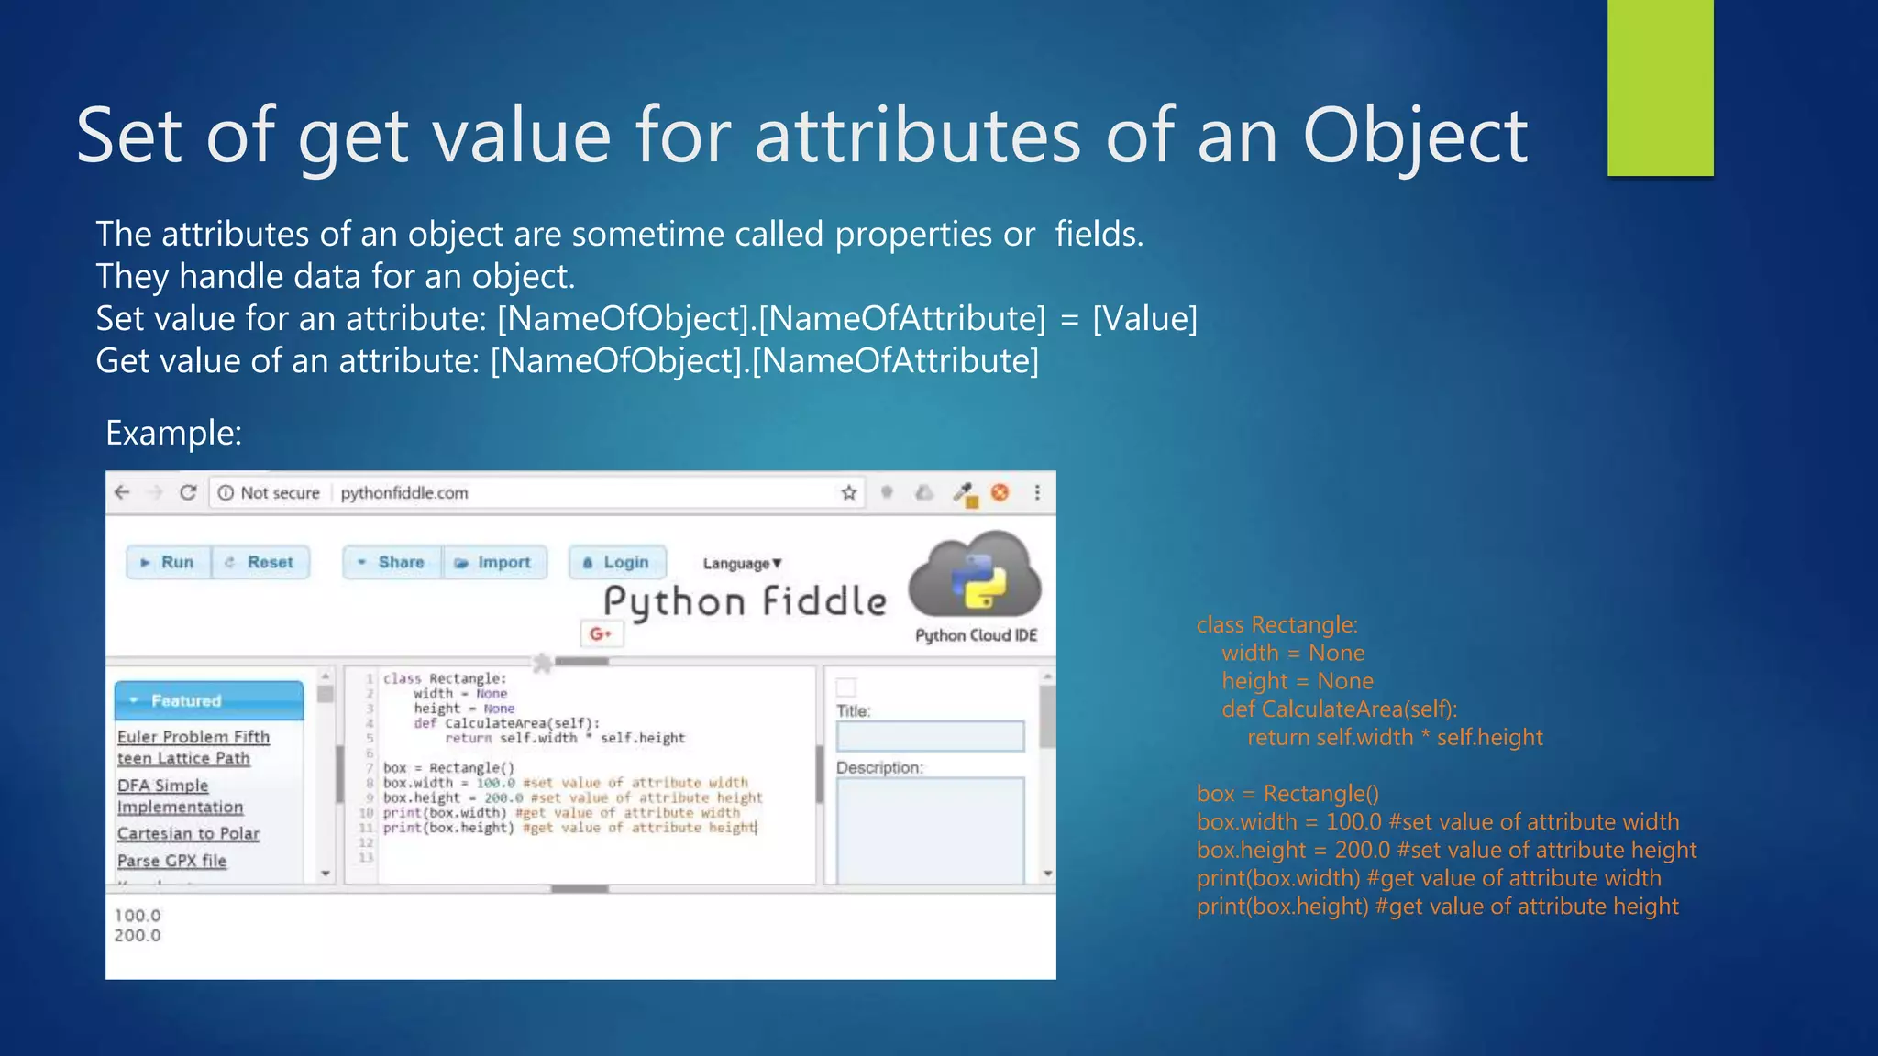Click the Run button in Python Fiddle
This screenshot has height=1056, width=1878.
click(169, 562)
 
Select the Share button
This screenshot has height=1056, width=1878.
click(392, 562)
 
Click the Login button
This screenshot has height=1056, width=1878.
click(617, 562)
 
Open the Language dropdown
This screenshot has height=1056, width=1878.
click(742, 563)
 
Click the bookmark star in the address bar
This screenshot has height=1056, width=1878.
click(849, 493)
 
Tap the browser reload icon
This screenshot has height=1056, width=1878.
click(188, 493)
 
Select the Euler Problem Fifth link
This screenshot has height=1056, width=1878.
click(193, 737)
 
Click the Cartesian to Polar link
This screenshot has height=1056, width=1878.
click(188, 833)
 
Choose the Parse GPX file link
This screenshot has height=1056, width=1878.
click(171, 861)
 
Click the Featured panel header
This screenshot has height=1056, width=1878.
click(209, 700)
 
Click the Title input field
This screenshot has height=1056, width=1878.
click(930, 736)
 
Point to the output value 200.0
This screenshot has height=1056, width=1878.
click(138, 936)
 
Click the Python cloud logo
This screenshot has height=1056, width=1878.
click(975, 576)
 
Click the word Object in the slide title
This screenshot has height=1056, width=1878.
click(1414, 136)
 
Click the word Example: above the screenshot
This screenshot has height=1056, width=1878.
click(173, 433)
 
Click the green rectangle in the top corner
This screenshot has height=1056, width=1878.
click(1660, 87)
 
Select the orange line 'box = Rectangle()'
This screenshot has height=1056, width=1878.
click(1287, 794)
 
